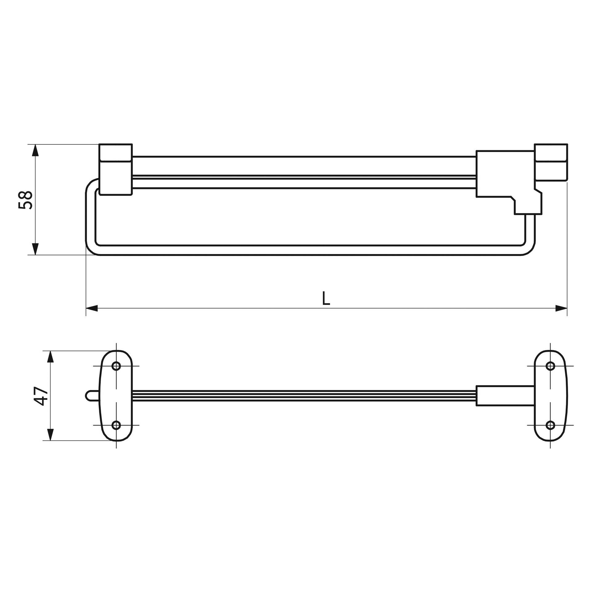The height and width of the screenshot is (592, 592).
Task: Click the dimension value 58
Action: coord(26,200)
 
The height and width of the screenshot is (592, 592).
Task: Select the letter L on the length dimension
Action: coord(326,298)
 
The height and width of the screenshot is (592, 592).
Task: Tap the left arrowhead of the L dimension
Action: coord(92,308)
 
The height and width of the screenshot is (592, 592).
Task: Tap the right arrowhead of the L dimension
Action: coord(561,308)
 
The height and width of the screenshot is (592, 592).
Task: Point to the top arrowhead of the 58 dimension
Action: coord(35,150)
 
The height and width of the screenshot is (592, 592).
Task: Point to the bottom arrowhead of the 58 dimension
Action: coord(35,249)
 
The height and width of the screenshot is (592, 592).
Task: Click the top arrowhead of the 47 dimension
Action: coord(51,356)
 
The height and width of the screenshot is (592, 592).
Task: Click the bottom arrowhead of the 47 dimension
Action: coord(51,435)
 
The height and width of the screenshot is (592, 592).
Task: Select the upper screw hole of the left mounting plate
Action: coord(116,366)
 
